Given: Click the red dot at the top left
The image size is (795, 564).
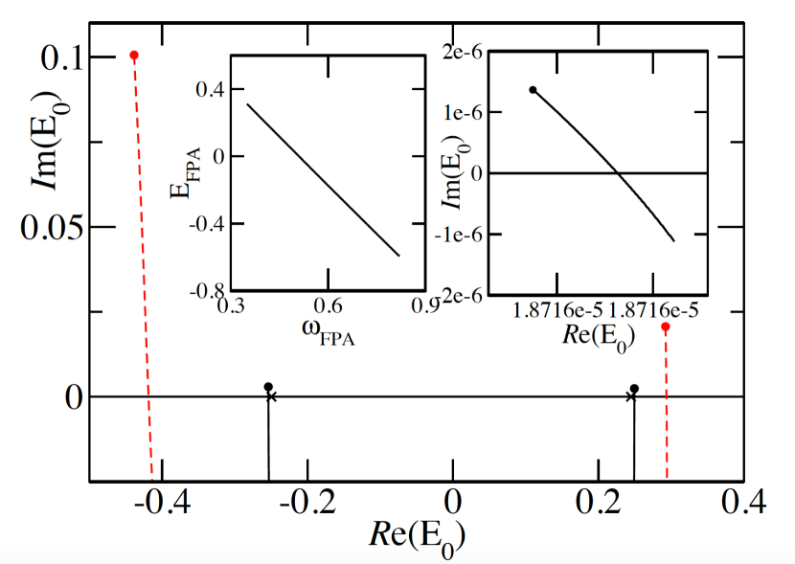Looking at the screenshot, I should (x=134, y=56).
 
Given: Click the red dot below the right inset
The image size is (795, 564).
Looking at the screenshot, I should (x=666, y=327).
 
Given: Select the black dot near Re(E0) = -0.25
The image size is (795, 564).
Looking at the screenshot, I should (x=268, y=386).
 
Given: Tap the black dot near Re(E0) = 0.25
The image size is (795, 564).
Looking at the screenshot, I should (x=634, y=388).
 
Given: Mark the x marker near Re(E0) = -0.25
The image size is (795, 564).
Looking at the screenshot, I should (x=271, y=396).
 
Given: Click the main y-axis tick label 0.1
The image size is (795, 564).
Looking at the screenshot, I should (x=60, y=58).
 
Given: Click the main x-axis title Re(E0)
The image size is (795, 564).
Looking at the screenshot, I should (x=412, y=536).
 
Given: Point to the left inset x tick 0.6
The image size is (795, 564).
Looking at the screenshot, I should (x=328, y=307).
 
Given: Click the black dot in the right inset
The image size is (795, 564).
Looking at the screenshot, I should (x=533, y=90).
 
